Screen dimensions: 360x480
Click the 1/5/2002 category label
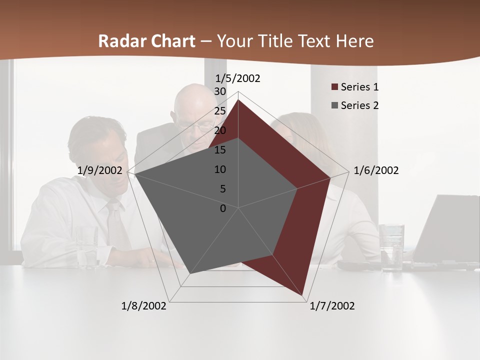237,78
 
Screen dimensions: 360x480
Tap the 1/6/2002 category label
376,170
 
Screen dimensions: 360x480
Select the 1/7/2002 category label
332,306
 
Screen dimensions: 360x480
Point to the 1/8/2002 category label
144,306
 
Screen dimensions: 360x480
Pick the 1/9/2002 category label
100,170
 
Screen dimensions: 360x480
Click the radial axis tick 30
220,91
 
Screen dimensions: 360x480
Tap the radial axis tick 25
220,111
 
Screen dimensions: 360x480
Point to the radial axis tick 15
220,150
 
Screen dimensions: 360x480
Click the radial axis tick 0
223,208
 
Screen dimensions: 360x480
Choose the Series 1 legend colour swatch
335,87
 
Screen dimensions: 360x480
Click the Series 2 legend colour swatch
335,105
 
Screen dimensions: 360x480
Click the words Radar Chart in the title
146,41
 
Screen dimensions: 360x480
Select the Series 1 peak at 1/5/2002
238,100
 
